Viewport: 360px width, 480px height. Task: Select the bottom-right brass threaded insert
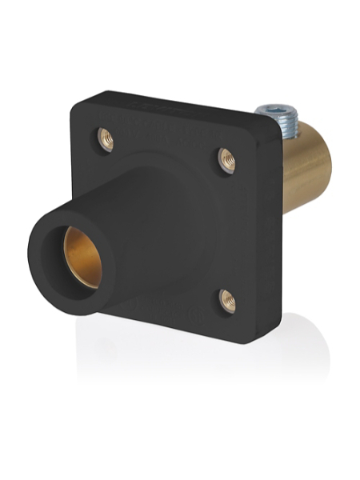click(x=227, y=301)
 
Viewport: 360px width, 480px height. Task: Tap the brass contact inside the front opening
click(x=82, y=254)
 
